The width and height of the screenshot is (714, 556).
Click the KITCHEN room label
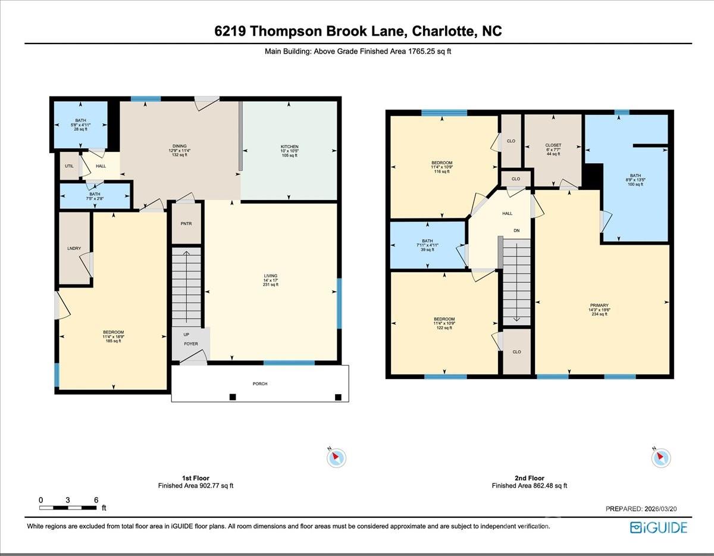[289, 146]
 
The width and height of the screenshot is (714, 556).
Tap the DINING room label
[180, 146]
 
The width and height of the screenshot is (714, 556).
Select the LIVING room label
[271, 276]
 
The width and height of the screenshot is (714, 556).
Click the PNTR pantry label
[186, 224]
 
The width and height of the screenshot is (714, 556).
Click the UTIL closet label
[69, 165]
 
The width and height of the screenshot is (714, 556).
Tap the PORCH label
[259, 384]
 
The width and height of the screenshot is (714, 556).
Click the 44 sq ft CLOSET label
[553, 145]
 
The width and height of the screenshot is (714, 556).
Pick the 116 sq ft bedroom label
[442, 163]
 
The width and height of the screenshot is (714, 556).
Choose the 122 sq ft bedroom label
[444, 319]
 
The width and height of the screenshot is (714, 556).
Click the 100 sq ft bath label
[635, 176]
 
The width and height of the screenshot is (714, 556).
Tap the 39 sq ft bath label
[427, 240]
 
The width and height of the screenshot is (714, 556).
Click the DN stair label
[516, 230]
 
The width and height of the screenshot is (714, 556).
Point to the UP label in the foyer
[186, 335]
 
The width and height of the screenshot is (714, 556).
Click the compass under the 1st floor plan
[336, 457]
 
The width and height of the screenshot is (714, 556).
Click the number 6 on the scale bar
[96, 499]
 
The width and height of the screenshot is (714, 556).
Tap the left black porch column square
[233, 397]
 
